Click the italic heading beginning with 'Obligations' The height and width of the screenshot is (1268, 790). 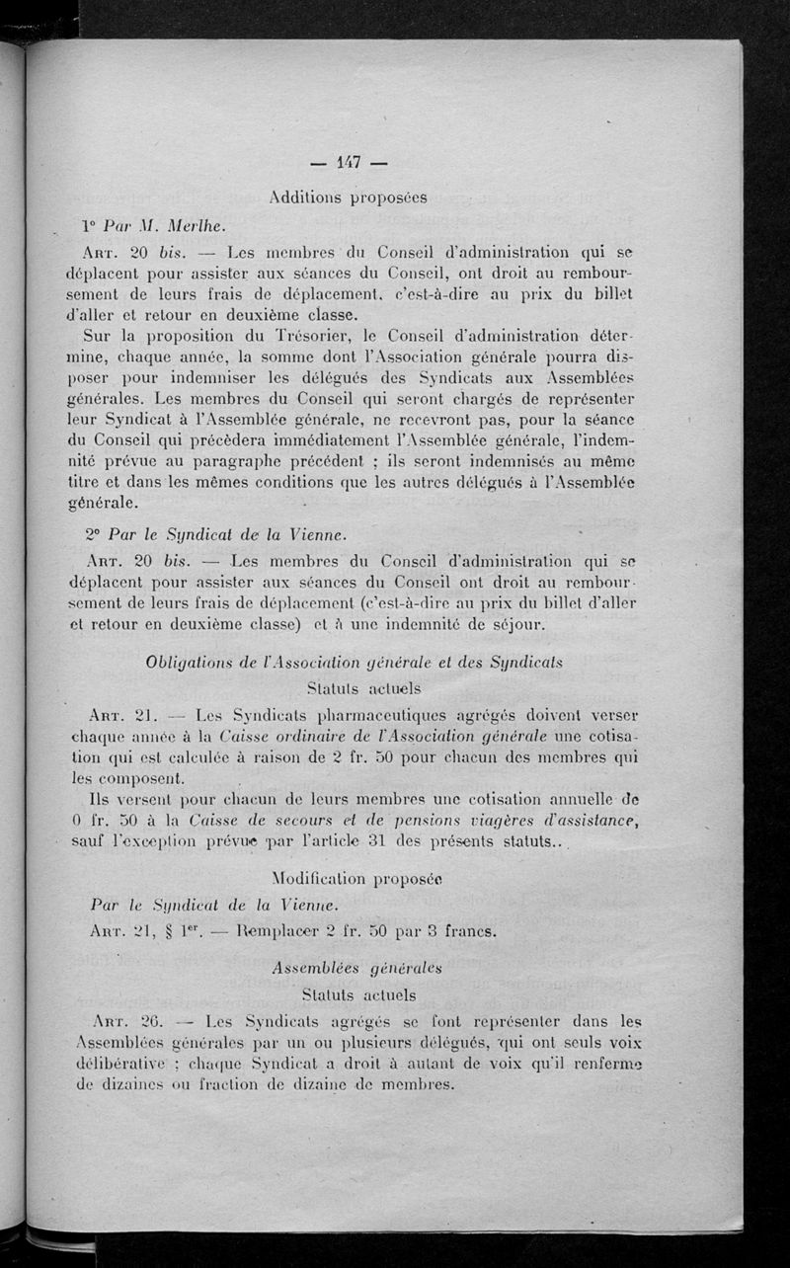354,662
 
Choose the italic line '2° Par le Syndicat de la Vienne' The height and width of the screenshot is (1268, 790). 215,535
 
